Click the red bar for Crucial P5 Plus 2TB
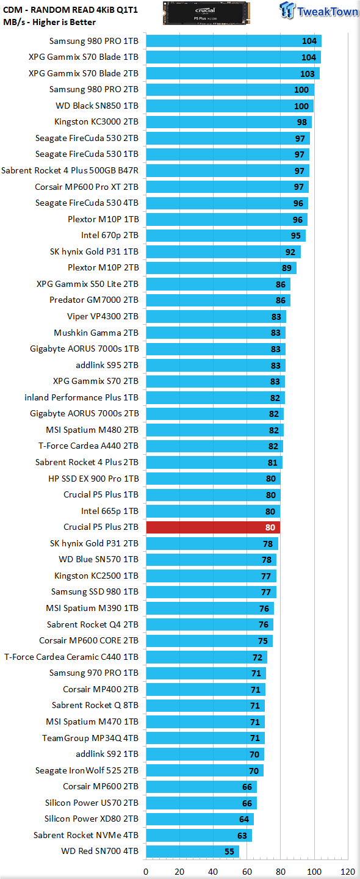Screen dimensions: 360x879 point(213,527)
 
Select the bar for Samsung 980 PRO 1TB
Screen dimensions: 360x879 point(234,41)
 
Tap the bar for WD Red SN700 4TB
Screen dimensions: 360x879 point(193,851)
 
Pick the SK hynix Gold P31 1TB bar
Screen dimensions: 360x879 point(223,251)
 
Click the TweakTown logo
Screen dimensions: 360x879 point(319,10)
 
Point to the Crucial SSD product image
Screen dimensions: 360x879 point(206,13)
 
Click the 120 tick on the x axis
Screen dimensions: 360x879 point(348,872)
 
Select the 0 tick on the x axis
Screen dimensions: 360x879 point(146,872)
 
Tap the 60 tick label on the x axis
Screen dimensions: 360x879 point(247,872)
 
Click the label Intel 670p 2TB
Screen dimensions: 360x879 point(110,235)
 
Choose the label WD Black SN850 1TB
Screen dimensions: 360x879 point(97,106)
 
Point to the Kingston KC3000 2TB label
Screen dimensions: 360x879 point(96,121)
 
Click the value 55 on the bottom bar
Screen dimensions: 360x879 point(229,852)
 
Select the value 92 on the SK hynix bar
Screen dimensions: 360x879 point(290,252)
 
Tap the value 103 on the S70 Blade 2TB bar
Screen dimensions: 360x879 point(308,74)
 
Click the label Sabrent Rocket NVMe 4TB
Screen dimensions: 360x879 point(86,834)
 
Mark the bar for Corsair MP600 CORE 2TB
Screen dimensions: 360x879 point(209,640)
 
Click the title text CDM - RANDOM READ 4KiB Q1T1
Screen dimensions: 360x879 point(71,10)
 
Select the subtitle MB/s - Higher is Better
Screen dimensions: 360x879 point(49,23)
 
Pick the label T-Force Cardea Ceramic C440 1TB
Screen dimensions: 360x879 point(71,657)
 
